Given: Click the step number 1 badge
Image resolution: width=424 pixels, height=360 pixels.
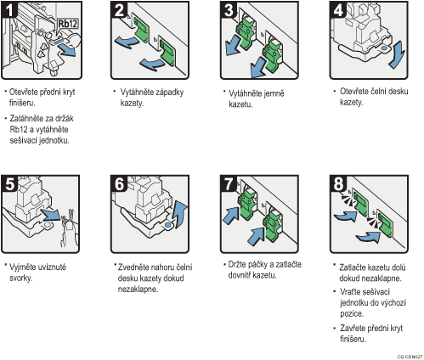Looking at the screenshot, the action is coord(9,9).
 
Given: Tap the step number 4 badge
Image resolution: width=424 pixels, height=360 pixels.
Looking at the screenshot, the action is coord(338,9).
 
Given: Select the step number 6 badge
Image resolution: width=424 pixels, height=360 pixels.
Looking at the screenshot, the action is coord(119,183).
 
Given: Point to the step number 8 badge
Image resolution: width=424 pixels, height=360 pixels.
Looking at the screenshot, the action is coord(338,183).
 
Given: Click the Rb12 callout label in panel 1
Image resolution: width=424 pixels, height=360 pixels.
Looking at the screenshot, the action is coord(68,24).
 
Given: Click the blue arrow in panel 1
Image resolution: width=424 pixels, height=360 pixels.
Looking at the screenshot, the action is coord(67,50).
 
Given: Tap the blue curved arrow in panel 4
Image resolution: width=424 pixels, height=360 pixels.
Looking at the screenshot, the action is coord(398,55).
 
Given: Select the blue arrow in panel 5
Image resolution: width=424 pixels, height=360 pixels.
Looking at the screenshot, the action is coord(50,215).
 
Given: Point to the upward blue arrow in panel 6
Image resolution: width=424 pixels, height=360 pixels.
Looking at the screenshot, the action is coord(180,214).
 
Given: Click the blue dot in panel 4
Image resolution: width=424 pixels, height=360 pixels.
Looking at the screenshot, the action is coord(384,48).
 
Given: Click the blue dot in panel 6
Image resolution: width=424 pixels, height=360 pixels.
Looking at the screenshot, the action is coord(167,225).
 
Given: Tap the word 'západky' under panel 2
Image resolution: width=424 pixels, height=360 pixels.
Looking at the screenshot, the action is coord(168,93).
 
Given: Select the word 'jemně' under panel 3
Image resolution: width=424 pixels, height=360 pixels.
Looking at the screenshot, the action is coord(273,93).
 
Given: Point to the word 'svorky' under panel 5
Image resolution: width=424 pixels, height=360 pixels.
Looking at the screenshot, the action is coord(20,278).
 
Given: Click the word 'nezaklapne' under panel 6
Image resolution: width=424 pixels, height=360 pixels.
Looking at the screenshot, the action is coord(138,290).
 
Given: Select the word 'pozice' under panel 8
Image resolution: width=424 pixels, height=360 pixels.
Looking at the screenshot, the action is coord(352,314).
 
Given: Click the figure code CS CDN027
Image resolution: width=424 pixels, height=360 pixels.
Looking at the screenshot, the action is coord(410,357).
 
